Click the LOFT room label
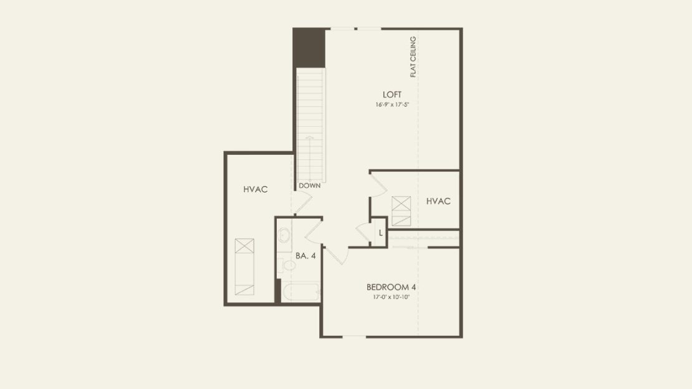pos(392,95)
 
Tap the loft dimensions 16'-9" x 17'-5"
pos(392,105)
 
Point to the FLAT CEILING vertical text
pos(413,57)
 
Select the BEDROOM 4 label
pos(391,287)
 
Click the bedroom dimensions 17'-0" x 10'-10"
pos(392,297)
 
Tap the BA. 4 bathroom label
pos(306,256)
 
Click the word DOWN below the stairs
pos(309,185)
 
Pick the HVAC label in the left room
pos(256,189)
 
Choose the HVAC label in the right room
pos(438,201)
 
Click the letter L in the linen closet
pos(380,233)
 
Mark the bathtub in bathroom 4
pos(300,292)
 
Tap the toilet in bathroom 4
pos(287,265)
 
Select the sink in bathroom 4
pos(284,234)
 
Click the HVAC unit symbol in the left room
pos(244,267)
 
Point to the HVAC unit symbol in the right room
pos(401,211)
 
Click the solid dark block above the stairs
pos(309,47)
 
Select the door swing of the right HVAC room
pos(378,185)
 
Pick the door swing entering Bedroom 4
pos(336,255)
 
